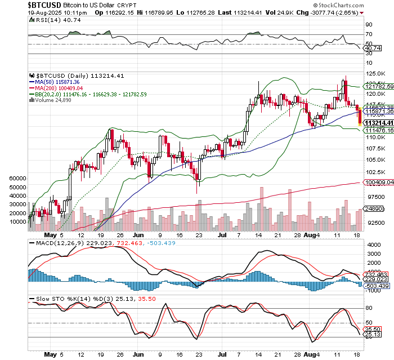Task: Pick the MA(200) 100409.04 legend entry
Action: (x=59, y=87)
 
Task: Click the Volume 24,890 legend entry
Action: (x=59, y=100)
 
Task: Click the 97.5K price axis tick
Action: (x=372, y=197)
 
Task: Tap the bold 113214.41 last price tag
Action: (x=378, y=122)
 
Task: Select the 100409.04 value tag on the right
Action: (x=378, y=182)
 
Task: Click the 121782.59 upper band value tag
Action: (x=378, y=87)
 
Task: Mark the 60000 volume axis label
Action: (x=19, y=177)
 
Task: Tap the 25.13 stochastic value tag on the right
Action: (x=373, y=335)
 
